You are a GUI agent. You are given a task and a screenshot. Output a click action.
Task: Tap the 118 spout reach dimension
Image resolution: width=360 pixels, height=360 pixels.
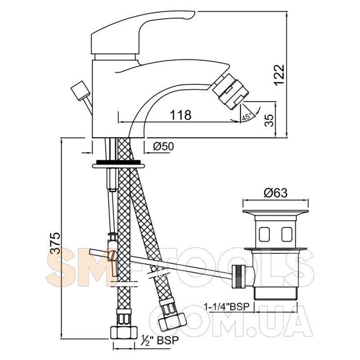click(x=180, y=115)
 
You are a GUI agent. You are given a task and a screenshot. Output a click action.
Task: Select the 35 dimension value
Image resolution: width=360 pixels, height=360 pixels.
click(x=269, y=120)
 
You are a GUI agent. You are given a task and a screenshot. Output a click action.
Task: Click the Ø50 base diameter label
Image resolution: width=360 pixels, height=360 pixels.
click(x=163, y=146)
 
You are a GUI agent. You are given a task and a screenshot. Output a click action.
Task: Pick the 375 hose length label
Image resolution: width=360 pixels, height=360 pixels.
click(x=55, y=243)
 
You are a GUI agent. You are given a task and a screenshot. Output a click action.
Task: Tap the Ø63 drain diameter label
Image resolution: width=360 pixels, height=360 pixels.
click(x=275, y=193)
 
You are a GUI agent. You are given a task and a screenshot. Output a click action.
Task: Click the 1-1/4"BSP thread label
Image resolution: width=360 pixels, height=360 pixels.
click(x=227, y=306)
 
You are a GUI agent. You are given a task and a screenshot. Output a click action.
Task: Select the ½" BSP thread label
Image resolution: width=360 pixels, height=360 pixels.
click(x=160, y=340)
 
